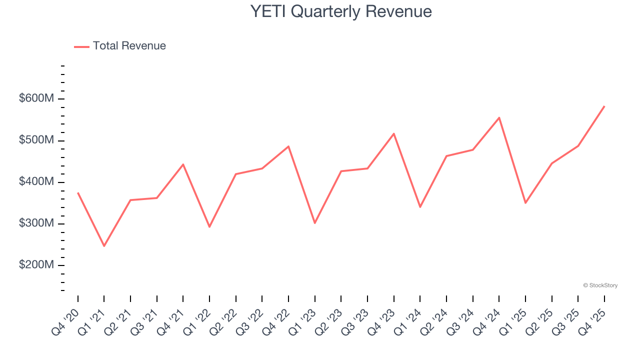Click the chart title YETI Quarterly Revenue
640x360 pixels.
point(341,11)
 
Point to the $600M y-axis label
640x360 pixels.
point(36,99)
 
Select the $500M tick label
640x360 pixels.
point(36,140)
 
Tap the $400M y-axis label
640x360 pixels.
point(36,182)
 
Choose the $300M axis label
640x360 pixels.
point(36,223)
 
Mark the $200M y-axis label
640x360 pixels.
point(36,265)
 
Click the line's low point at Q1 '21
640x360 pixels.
point(104,246)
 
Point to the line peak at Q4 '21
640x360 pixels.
point(183,164)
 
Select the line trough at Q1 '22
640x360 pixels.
point(209,227)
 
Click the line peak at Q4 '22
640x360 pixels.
point(288,146)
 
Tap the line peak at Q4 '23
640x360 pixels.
point(394,133)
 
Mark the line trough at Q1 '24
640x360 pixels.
point(420,207)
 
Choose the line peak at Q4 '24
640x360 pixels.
point(499,117)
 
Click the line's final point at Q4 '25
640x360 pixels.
point(604,106)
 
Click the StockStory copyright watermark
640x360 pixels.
point(600,285)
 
